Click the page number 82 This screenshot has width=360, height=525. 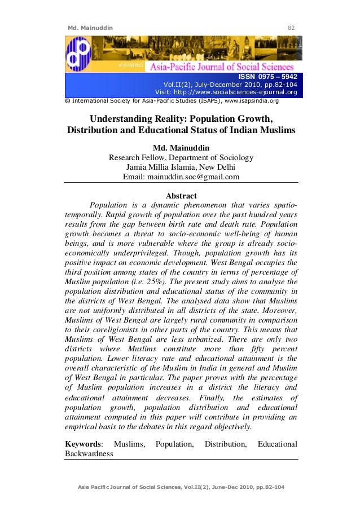point(292,27)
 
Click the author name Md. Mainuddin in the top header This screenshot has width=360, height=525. point(90,27)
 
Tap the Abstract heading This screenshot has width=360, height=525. point(181,196)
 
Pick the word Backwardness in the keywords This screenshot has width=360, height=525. point(90,453)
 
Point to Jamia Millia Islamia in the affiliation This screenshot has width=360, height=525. point(163,167)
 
